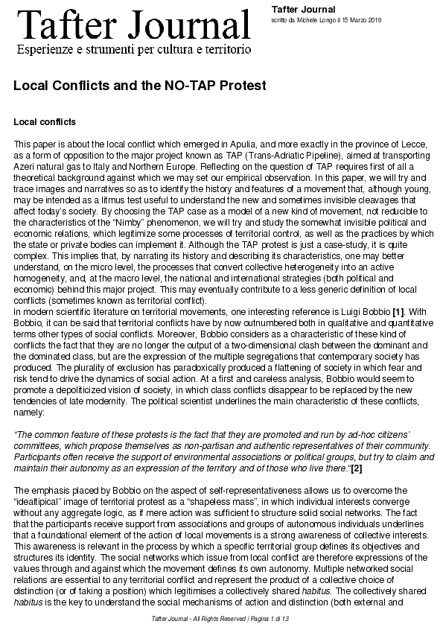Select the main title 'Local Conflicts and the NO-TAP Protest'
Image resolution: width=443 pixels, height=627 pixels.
click(140, 86)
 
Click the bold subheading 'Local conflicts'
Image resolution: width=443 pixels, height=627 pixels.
click(45, 121)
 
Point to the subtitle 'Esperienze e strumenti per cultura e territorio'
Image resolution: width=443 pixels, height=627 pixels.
click(134, 50)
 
